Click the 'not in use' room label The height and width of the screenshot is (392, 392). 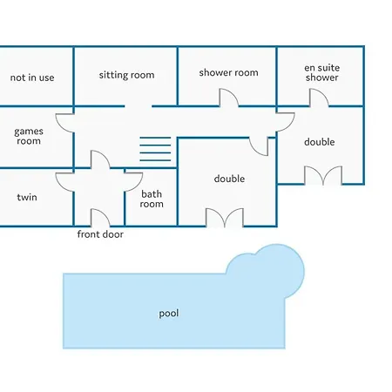(32, 78)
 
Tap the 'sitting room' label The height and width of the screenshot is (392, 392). (126, 75)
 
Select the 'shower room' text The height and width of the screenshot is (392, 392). (228, 72)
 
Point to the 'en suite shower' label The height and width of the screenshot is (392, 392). (321, 72)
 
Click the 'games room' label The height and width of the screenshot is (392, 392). (29, 136)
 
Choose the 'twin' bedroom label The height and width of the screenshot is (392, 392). (27, 197)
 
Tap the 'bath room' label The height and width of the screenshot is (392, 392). (152, 199)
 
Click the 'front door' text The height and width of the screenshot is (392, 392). (100, 234)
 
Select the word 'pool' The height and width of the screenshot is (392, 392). (169, 314)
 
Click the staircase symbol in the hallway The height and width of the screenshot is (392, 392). (155, 149)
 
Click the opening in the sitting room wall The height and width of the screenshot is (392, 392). (139, 106)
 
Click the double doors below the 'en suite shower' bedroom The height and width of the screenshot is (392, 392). (323, 175)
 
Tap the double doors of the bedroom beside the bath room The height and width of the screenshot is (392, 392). (225, 218)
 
